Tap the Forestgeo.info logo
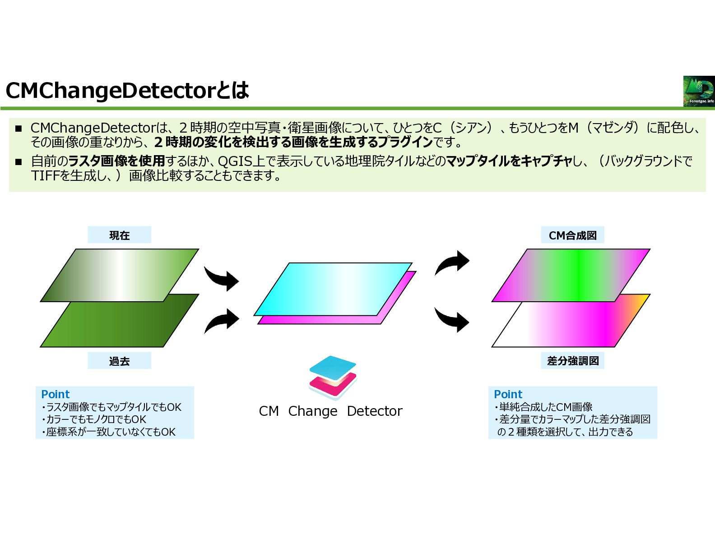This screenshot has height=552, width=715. tap(699, 91)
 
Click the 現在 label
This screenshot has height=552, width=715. tap(119, 235)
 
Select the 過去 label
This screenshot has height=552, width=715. tap(119, 361)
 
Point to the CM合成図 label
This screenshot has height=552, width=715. tap(572, 235)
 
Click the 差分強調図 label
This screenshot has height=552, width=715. tap(572, 361)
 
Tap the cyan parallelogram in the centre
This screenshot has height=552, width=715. tap(333, 289)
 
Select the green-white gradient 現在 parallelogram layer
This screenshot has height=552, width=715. tap(120, 275)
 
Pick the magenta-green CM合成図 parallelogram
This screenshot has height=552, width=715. tap(571, 275)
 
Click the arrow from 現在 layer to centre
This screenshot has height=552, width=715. tap(222, 279)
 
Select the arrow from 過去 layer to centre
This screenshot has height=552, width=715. tap(222, 320)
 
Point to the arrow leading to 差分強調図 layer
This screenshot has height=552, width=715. tap(452, 319)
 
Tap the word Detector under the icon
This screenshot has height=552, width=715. tap(374, 411)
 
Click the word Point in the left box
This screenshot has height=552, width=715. tap(56, 394)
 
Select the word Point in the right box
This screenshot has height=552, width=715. tap(508, 394)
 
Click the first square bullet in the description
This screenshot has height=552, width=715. tap(19, 129)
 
